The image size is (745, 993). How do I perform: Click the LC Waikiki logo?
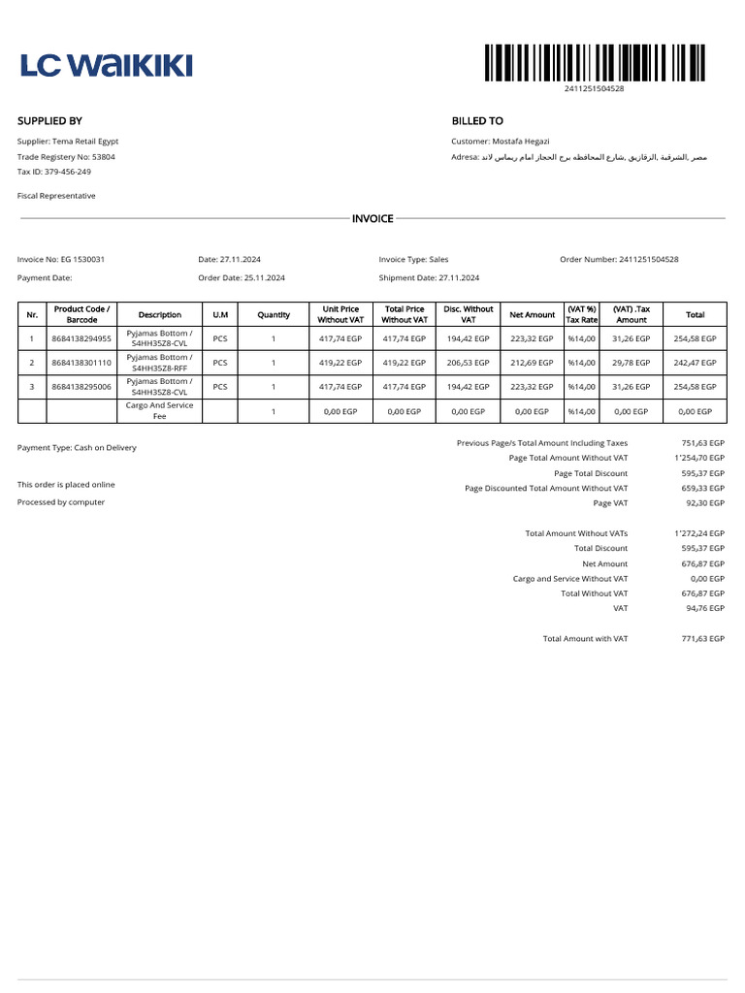click(107, 65)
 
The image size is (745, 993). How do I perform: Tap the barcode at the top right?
click(594, 63)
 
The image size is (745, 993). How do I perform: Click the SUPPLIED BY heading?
click(49, 121)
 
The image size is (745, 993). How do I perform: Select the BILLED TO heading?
click(477, 121)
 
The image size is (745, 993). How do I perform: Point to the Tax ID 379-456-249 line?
click(54, 172)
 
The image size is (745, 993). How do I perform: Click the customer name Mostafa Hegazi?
click(524, 141)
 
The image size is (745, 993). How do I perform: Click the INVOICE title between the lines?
click(372, 219)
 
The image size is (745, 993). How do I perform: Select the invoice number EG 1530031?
click(61, 259)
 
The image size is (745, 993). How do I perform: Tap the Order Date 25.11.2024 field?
click(242, 277)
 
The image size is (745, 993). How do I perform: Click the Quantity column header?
click(274, 314)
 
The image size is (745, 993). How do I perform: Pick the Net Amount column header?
click(533, 314)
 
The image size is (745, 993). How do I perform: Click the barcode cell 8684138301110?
click(82, 363)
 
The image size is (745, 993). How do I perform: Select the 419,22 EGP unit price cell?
click(340, 363)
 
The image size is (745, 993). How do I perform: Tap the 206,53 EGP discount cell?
click(469, 363)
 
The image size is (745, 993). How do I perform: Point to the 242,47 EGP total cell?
click(696, 363)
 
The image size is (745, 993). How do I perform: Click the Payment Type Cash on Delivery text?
click(77, 447)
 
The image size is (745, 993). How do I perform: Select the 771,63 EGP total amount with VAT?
click(702, 638)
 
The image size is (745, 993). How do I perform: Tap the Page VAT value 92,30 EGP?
click(702, 503)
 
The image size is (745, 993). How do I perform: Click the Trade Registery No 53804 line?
click(66, 156)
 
